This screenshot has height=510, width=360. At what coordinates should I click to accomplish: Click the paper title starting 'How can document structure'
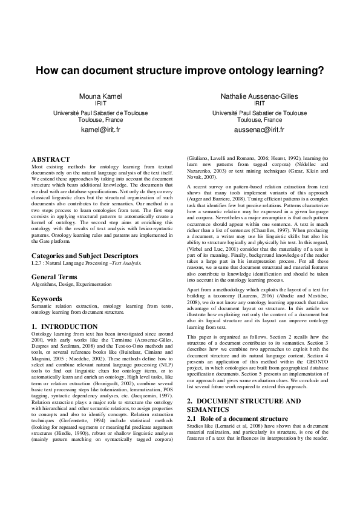click(x=180, y=70)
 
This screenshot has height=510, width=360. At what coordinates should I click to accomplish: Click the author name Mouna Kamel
click(x=100, y=96)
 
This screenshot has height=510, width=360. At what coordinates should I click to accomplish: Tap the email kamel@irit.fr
click(x=100, y=130)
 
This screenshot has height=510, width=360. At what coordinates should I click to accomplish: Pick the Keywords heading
click(x=47, y=299)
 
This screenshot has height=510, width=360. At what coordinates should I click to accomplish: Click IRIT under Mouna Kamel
click(x=100, y=104)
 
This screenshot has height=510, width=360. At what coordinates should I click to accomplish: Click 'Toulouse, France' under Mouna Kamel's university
click(x=100, y=120)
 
